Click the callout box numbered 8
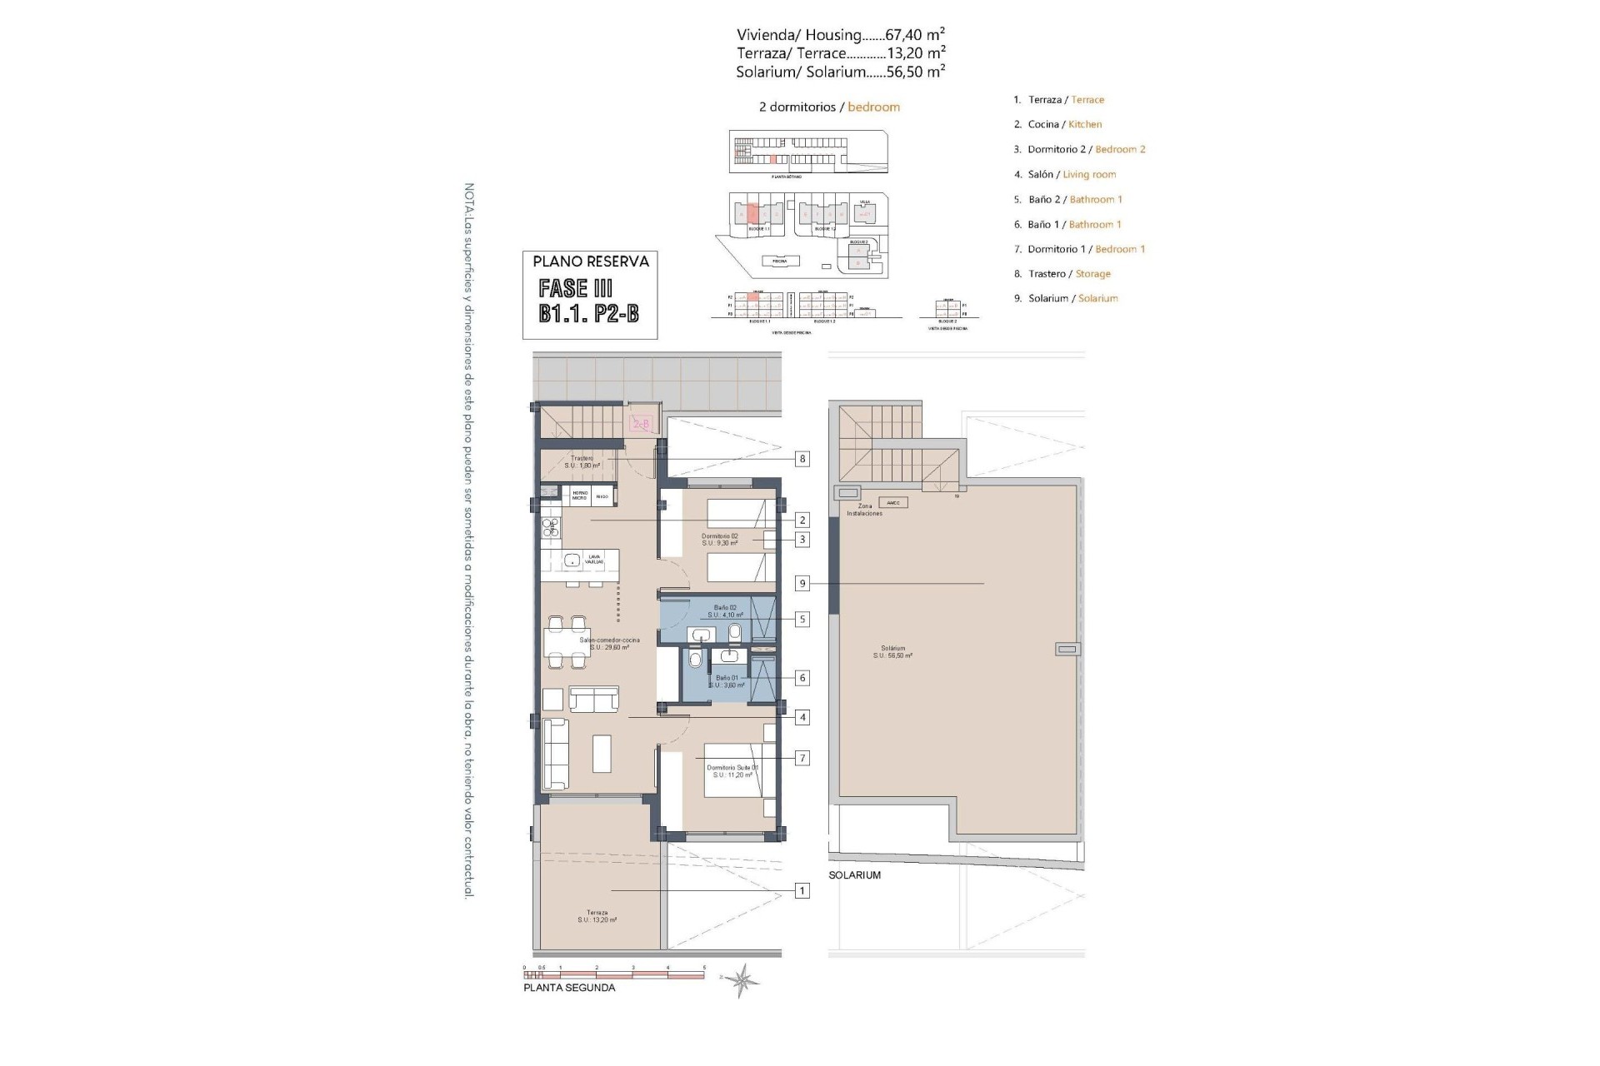click(802, 459)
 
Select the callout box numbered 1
click(802, 891)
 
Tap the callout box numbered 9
click(802, 584)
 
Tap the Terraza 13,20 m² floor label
click(597, 916)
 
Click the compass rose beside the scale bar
click(741, 980)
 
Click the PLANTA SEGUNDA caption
click(569, 988)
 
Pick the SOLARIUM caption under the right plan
click(854, 875)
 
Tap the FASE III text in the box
click(576, 289)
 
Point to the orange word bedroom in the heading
click(873, 107)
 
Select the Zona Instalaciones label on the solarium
click(864, 510)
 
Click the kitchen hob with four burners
click(552, 526)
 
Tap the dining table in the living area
click(567, 642)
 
